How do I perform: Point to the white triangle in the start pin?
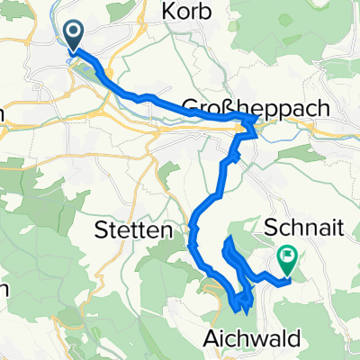(74, 33)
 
